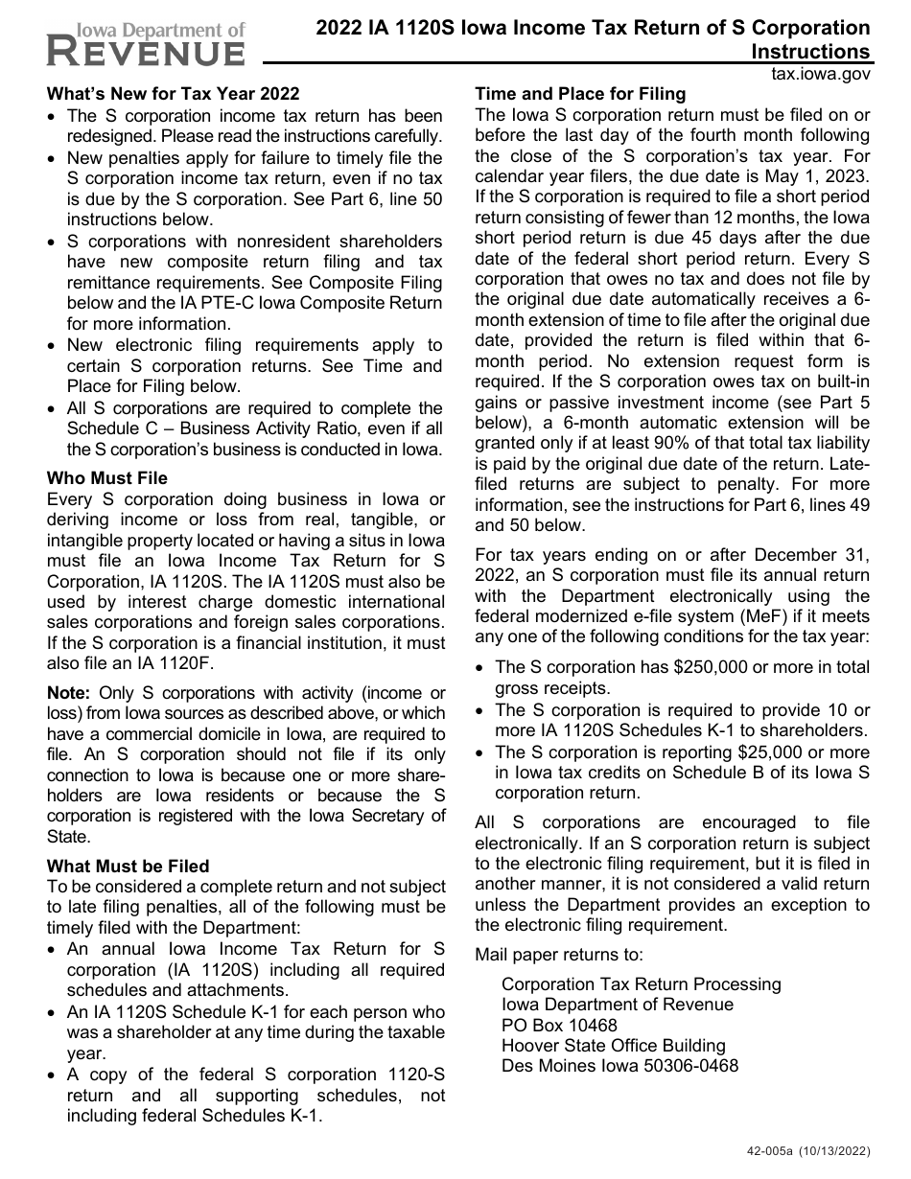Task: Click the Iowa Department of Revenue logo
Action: (145, 44)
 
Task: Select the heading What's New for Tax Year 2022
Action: (173, 94)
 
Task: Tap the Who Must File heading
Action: (106, 478)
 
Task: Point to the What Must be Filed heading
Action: (128, 867)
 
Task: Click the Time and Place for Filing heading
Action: (580, 94)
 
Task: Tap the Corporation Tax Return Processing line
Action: (641, 984)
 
